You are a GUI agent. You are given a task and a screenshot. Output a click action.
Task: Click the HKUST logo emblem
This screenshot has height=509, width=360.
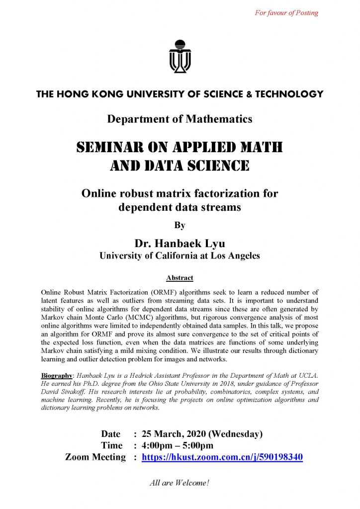(x=180, y=55)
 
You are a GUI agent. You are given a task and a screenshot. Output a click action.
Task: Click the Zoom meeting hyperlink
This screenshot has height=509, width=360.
(x=222, y=457)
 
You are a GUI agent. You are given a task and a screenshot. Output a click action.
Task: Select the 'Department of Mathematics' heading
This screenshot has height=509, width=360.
(x=180, y=119)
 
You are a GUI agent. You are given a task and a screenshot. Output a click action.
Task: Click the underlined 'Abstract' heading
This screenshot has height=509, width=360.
(x=180, y=277)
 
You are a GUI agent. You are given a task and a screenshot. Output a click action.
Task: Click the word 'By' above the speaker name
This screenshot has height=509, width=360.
(x=180, y=225)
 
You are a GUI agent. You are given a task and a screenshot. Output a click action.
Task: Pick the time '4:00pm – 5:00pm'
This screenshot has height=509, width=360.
(x=178, y=445)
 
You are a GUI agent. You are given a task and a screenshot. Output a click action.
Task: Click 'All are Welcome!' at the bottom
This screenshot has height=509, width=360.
(x=180, y=482)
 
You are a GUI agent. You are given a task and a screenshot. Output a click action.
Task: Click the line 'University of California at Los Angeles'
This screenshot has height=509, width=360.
(x=180, y=255)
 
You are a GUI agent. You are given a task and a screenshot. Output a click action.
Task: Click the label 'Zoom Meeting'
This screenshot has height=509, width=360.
(x=95, y=457)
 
